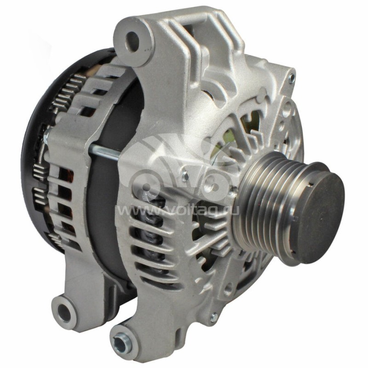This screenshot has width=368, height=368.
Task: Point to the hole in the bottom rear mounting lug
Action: (64, 313)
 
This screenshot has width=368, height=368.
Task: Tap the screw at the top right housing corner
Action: (291, 79)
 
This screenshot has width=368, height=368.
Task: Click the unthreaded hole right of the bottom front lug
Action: (228, 289)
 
